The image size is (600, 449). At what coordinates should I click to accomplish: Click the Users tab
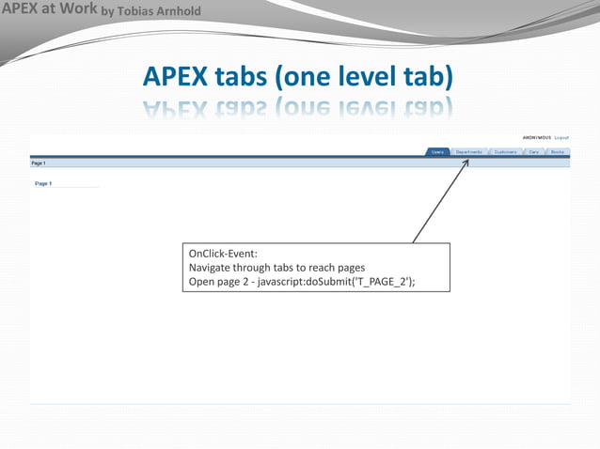438,151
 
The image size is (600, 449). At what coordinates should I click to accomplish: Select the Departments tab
469,151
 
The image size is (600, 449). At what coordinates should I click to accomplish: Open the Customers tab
506,151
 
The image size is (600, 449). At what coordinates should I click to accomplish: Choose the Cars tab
534,151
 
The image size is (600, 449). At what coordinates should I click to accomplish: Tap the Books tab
558,151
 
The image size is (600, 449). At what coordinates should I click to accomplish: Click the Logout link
561,137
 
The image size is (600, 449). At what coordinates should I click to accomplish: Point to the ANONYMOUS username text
537,137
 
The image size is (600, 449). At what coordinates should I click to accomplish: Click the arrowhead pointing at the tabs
466,162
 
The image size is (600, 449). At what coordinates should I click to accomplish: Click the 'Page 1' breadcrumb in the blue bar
39,163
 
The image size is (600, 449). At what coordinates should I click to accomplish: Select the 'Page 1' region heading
43,183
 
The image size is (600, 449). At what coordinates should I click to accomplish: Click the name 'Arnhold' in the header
179,11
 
